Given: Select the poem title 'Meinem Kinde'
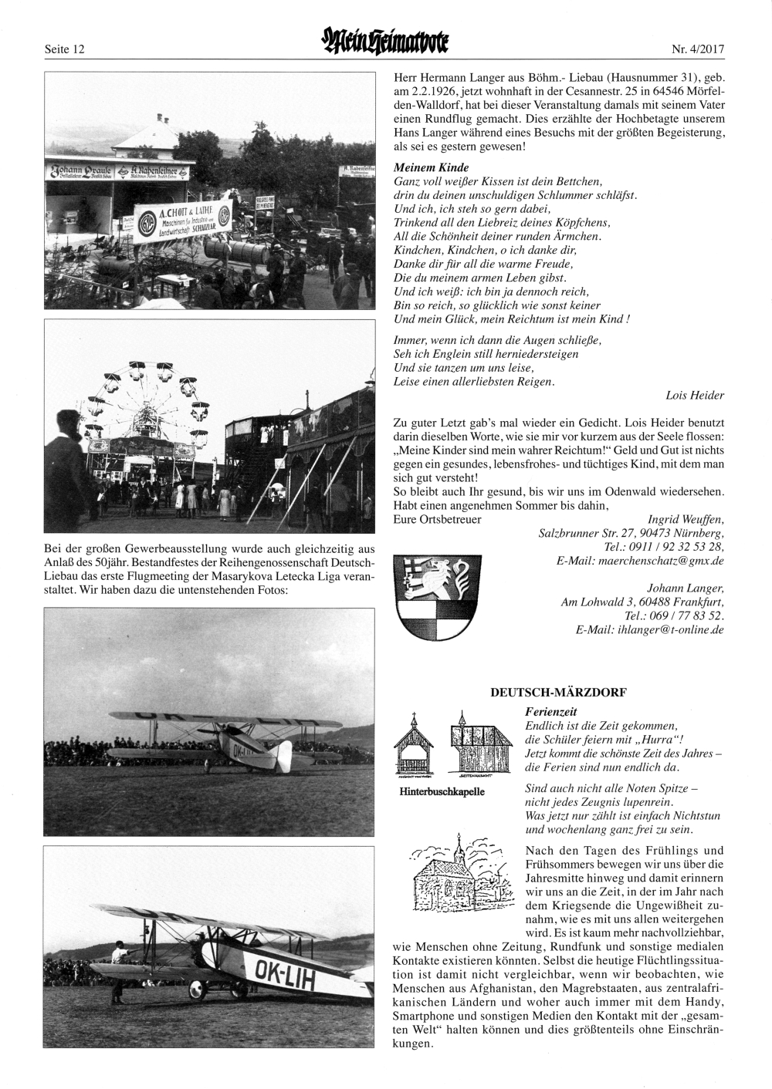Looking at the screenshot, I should click(x=431, y=167).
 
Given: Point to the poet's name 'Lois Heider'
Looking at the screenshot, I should click(x=695, y=396).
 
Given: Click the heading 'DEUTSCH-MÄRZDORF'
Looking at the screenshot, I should click(x=558, y=693).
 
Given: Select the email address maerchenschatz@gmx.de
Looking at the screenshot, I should click(x=661, y=561).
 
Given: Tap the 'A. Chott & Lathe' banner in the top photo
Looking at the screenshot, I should click(x=181, y=221).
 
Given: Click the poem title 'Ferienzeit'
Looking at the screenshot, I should click(x=550, y=712).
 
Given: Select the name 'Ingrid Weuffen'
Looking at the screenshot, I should click(x=683, y=519).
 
